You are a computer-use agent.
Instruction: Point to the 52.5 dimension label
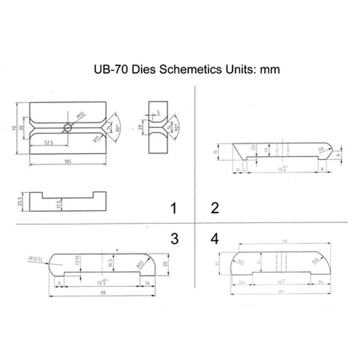50,142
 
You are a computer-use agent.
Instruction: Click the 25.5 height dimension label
20,200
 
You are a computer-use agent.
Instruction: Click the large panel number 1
174,209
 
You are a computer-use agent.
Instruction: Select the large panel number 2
215,209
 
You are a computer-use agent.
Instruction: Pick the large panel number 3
174,239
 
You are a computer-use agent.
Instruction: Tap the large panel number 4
215,239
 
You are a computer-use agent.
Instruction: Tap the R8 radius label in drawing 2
320,150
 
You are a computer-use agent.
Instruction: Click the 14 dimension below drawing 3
148,281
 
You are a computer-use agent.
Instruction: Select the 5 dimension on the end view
158,112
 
